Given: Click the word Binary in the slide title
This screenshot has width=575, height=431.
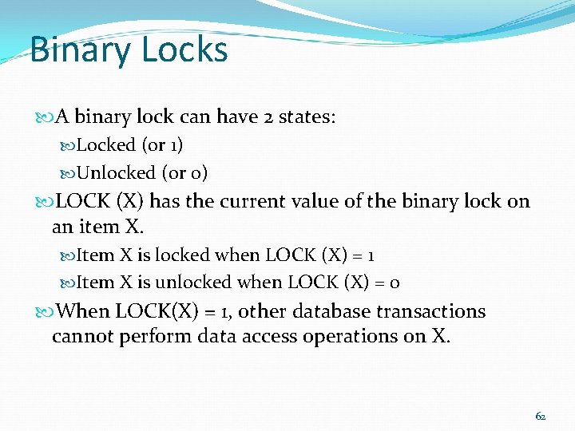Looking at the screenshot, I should [x=70, y=49].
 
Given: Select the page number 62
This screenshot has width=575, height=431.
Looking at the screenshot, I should [x=541, y=416].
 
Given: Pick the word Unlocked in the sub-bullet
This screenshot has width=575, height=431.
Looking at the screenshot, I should [x=116, y=172].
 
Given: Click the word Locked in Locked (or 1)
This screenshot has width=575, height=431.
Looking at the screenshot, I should [x=105, y=145].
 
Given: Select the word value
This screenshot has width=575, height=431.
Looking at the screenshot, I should [x=312, y=201].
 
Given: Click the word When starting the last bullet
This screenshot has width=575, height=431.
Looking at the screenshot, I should [x=84, y=311].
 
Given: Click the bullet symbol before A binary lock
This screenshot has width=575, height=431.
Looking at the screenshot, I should [x=43, y=117].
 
